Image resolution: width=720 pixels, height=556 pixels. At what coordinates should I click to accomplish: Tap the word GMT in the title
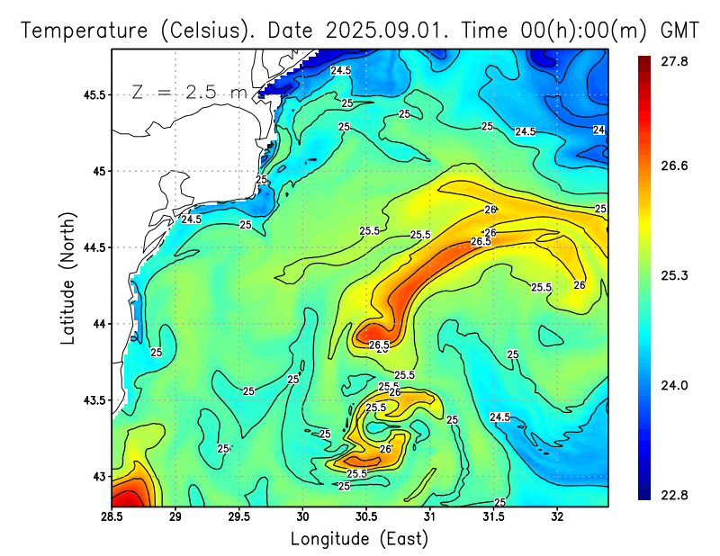[x=679, y=30]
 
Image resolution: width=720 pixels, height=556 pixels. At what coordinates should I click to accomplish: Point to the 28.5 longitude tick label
[x=112, y=517]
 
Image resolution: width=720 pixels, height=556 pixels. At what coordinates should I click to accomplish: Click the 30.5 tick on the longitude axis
[x=366, y=517]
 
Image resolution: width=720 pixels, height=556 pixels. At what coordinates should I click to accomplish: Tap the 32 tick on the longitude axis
[x=557, y=517]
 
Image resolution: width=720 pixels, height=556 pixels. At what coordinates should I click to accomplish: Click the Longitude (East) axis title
[x=359, y=539]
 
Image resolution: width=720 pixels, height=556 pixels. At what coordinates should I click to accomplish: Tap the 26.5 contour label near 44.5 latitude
[x=481, y=242]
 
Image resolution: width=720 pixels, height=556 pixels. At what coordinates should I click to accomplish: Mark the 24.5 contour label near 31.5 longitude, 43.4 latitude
[x=500, y=417]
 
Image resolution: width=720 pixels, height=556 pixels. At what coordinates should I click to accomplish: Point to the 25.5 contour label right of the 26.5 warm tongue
[x=541, y=287]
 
